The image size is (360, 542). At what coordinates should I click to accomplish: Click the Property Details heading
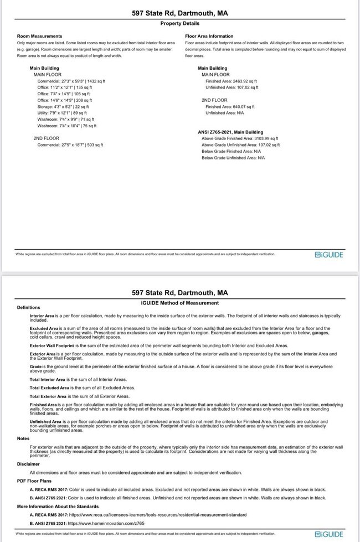click(x=179, y=23)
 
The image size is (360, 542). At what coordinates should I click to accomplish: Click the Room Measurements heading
click(x=39, y=36)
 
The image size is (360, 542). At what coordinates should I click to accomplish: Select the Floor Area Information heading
click(x=209, y=36)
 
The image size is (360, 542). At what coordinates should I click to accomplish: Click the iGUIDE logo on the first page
click(x=329, y=254)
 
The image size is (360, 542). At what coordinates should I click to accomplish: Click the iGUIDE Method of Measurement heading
click(x=180, y=303)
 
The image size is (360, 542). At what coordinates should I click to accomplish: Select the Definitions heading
click(x=29, y=307)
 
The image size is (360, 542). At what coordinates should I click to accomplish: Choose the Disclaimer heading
click(x=28, y=464)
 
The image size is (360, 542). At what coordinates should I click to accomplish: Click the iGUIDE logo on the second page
click(x=329, y=534)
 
